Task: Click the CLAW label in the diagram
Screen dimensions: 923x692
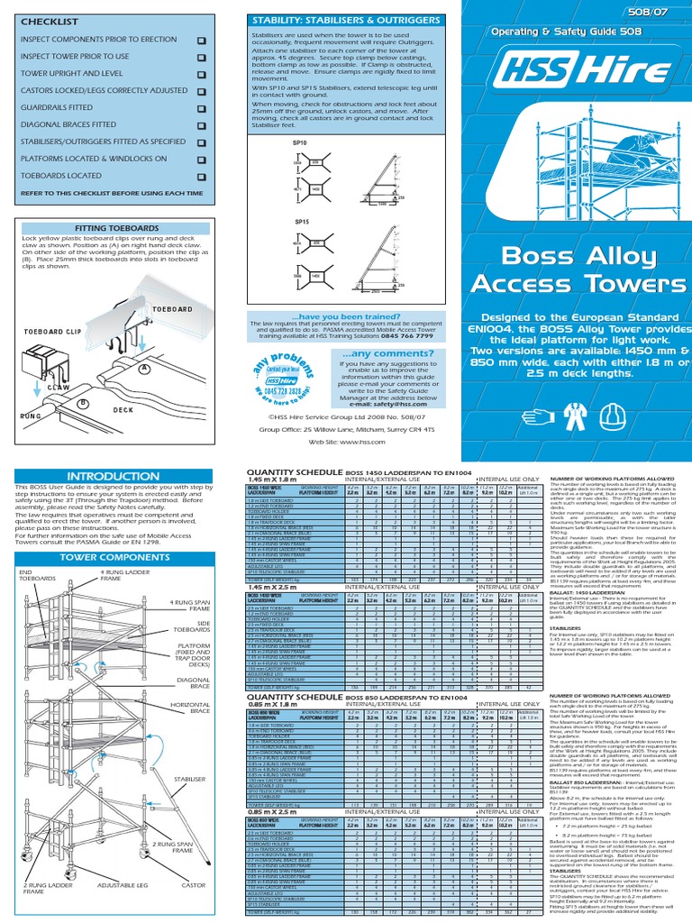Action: [x=59, y=387]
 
